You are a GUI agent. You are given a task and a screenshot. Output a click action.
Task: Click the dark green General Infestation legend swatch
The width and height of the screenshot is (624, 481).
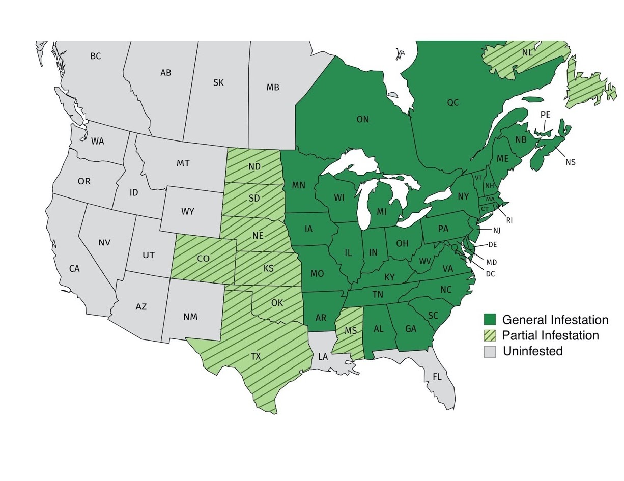[490, 320]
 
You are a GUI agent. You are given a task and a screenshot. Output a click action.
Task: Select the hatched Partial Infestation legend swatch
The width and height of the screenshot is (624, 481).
[490, 335]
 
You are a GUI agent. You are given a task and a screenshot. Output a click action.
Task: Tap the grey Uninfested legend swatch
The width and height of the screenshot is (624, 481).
[490, 351]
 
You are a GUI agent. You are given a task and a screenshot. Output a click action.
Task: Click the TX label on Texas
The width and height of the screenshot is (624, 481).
[256, 357]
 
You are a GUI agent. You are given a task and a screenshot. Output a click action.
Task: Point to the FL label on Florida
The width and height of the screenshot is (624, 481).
[437, 377]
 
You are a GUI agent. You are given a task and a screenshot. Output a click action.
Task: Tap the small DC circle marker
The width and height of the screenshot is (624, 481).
[454, 247]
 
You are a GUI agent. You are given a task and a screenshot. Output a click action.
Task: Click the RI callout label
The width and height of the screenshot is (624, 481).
[509, 220]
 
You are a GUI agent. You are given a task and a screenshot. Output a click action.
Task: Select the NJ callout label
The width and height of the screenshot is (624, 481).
[497, 231]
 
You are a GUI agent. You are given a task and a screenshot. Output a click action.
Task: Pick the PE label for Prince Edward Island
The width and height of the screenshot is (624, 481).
[545, 115]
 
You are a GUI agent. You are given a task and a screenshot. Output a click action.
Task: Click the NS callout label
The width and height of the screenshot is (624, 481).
[570, 162]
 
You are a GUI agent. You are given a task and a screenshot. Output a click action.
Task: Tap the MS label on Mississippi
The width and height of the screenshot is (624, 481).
[351, 331]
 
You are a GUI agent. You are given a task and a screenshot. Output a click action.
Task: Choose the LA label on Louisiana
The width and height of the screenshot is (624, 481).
[323, 357]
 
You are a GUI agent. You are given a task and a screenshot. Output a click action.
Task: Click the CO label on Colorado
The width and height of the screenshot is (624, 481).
[203, 259]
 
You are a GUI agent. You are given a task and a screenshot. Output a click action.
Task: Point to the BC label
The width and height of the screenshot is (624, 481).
[96, 56]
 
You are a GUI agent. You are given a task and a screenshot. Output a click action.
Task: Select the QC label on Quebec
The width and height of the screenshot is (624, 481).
[452, 103]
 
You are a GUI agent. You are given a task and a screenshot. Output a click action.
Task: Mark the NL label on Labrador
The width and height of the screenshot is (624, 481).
[527, 52]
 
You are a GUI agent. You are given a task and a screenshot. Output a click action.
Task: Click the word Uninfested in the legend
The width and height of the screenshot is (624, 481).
[532, 351]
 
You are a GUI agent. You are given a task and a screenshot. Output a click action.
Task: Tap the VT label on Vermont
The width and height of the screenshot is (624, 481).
[478, 178]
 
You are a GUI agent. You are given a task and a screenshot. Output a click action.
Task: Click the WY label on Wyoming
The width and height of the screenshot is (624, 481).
[187, 212]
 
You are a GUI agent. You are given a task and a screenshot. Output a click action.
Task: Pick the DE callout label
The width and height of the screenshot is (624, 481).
[492, 245]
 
